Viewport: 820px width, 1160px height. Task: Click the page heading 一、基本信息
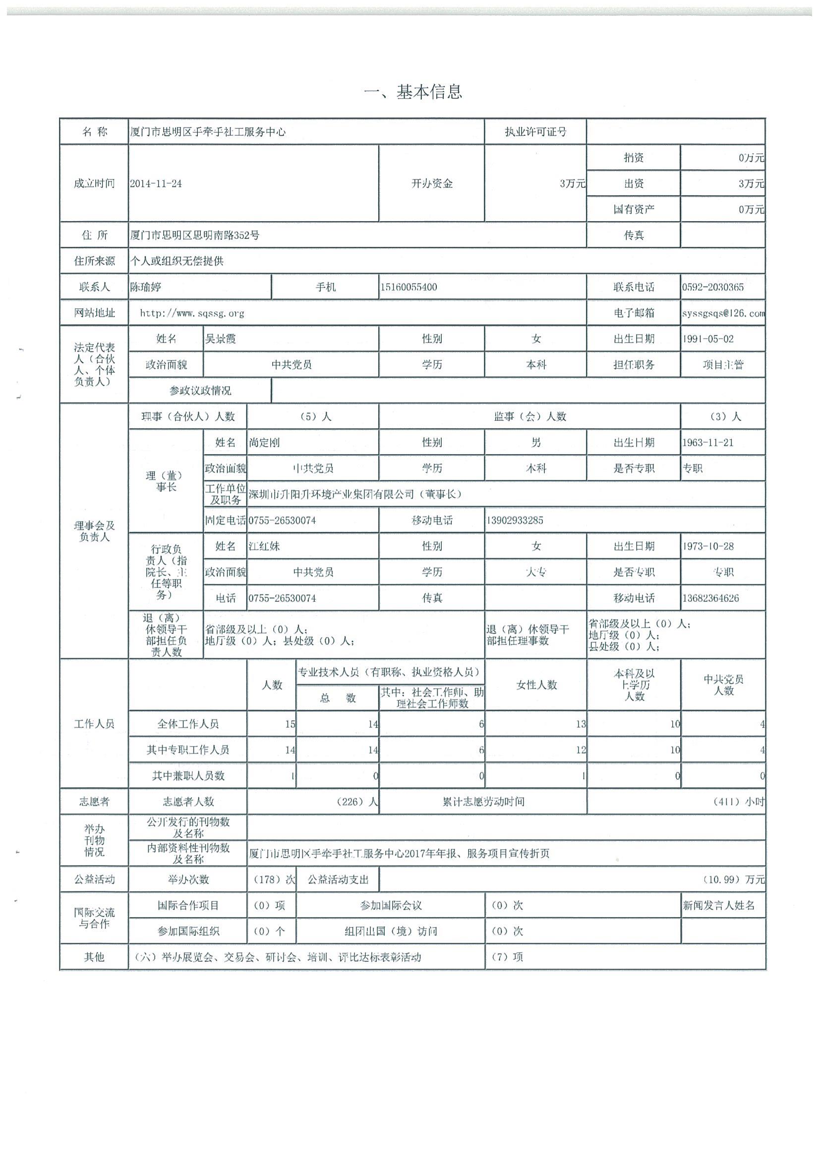point(413,92)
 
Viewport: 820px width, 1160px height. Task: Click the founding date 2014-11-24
point(156,184)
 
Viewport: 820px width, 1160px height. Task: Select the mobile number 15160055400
point(409,287)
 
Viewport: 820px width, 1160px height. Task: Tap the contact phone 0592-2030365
point(712,287)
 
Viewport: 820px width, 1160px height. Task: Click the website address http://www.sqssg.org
point(192,313)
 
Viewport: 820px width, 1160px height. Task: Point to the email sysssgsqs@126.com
point(722,313)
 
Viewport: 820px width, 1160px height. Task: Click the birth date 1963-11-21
point(708,443)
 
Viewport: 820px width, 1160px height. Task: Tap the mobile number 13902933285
point(515,521)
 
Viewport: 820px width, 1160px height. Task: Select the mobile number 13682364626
point(710,598)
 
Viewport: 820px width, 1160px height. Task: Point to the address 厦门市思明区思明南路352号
point(195,235)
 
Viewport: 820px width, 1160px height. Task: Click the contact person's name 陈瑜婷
point(146,287)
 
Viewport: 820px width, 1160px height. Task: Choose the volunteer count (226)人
point(356,802)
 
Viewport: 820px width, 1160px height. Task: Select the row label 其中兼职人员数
point(188,776)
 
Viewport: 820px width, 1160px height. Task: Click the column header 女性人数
point(536,685)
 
